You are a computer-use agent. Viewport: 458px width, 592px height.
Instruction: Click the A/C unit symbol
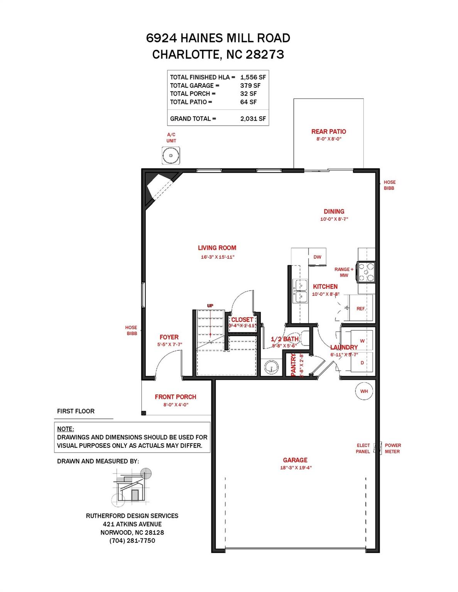tap(171, 156)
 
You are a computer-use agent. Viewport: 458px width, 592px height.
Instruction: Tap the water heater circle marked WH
tap(364, 391)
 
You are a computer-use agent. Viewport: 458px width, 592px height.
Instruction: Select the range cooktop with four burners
tap(366, 272)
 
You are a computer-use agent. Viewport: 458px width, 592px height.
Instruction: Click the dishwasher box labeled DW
tap(317, 257)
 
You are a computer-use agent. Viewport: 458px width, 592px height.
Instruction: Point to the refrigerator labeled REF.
tap(361, 308)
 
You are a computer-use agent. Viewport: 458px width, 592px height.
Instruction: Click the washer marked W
tap(362, 341)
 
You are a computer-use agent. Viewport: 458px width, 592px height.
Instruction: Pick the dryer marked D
tap(362, 363)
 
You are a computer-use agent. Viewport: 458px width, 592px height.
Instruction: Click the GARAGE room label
tap(295, 460)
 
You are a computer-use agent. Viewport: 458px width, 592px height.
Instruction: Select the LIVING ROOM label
tap(217, 248)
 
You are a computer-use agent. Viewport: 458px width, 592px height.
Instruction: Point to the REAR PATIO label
tap(329, 131)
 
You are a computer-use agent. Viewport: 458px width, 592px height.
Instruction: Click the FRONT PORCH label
tap(176, 397)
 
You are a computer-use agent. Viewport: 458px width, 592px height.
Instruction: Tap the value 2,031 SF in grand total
tap(253, 119)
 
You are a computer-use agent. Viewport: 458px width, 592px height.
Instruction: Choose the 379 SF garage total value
tap(250, 86)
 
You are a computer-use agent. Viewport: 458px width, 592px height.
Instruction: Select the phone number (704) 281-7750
tap(132, 541)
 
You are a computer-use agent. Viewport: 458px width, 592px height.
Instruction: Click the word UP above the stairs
tap(210, 306)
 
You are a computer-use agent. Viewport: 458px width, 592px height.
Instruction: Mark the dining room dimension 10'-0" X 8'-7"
tap(334, 219)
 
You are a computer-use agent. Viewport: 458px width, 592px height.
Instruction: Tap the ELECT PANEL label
tap(363, 448)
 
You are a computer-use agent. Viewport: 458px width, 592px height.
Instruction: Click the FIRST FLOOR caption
tap(76, 411)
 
